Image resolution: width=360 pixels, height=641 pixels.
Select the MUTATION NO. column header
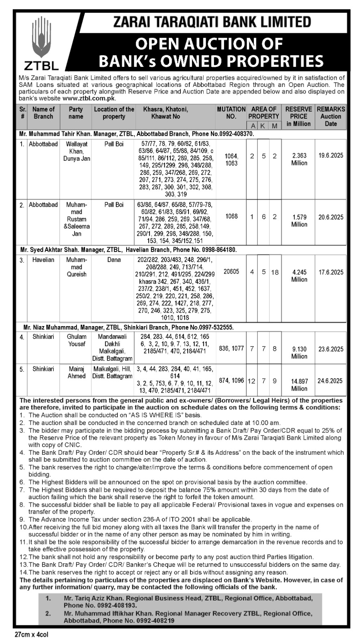[231, 113]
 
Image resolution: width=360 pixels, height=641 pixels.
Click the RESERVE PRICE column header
[299, 116]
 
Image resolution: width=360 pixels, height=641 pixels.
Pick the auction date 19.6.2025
[331, 155]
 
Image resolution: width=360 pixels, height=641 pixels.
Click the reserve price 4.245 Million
[299, 276]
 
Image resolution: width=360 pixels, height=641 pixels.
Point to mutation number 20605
[231, 272]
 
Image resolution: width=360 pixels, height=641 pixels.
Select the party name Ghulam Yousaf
[76, 341]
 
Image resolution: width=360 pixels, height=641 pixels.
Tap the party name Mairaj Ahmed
[76, 373]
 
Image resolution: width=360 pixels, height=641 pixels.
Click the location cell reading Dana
[114, 260]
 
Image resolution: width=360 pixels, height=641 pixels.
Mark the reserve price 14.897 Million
[299, 385]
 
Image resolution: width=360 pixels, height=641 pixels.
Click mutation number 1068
[231, 216]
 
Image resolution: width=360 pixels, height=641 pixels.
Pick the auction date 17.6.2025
[331, 272]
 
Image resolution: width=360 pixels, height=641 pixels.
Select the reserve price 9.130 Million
[299, 353]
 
